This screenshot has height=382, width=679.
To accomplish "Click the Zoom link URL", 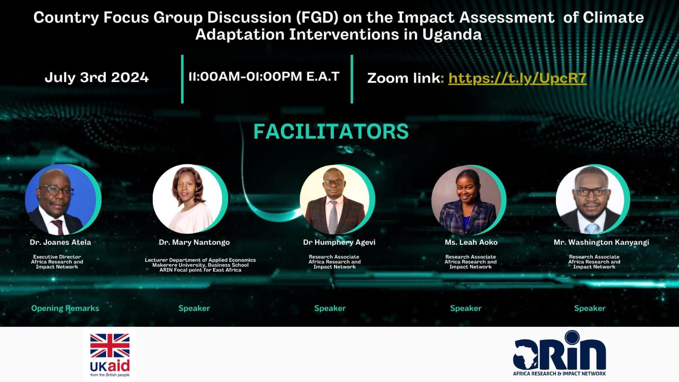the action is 518,78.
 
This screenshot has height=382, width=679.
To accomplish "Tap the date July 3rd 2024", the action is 97,77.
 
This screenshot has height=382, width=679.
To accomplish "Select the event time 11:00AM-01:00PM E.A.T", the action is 264,76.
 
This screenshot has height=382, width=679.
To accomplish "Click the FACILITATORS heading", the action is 331,131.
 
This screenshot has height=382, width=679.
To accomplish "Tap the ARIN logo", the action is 559,354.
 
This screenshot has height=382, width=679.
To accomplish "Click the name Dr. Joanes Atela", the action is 60,242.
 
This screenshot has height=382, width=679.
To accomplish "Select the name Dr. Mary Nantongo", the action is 194,242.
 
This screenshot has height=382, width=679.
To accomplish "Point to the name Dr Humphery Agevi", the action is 339,242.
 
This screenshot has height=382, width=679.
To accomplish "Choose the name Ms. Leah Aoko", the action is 471,242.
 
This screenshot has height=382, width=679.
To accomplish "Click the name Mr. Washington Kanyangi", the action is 601,242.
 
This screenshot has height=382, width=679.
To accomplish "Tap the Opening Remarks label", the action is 65,308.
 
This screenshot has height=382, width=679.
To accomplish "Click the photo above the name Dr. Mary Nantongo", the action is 188,199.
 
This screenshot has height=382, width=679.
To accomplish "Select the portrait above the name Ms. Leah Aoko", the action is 467,200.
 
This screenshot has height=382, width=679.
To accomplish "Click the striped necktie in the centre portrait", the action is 333,217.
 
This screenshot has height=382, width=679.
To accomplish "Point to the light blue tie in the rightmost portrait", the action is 592,229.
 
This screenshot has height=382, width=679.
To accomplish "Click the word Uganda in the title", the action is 452,34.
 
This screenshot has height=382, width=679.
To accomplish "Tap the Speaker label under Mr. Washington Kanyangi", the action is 590,308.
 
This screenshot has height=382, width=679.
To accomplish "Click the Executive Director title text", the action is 57,257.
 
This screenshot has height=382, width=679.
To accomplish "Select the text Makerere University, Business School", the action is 200,265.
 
